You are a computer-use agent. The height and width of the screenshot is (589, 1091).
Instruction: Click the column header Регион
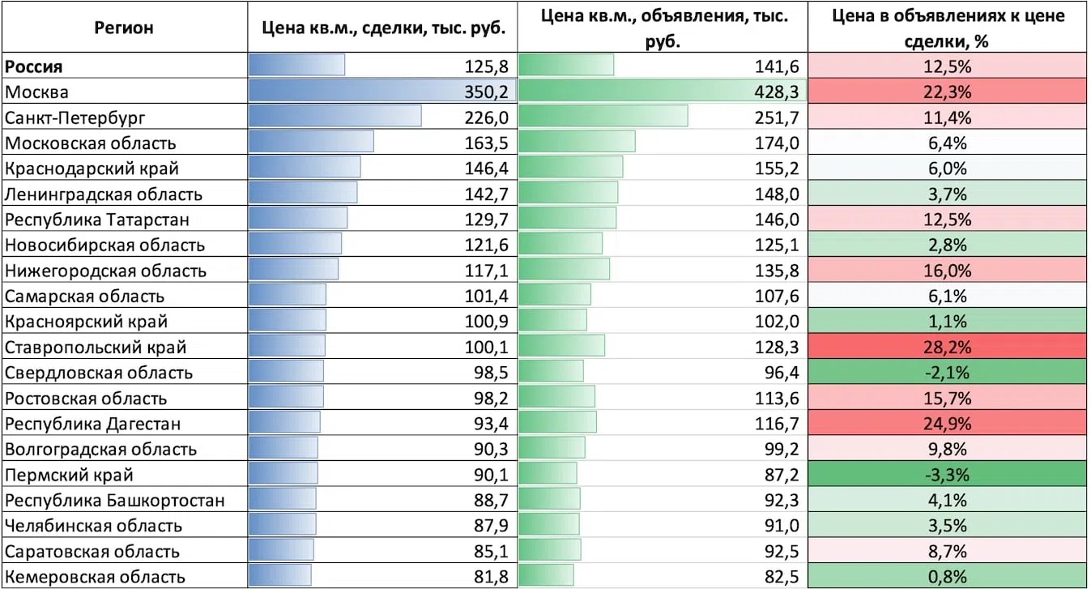124,28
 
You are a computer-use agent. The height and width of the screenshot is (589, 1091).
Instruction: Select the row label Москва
37,92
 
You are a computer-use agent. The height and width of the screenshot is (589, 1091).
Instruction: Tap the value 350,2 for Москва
486,92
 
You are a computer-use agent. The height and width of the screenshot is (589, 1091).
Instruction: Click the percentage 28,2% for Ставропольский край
948,348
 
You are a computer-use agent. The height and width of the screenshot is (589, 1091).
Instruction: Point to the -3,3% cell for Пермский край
948,475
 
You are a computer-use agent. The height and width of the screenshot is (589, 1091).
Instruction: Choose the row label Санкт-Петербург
75,118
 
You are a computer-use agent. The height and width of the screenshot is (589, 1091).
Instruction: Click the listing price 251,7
777,118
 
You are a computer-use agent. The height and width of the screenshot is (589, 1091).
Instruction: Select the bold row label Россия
33,66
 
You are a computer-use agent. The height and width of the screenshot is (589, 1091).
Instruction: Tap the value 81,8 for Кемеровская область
491,578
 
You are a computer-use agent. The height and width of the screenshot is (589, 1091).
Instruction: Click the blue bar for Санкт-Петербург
335,117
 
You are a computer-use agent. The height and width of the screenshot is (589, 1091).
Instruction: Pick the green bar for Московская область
577,142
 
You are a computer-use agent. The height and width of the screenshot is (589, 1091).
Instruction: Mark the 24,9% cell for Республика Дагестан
948,424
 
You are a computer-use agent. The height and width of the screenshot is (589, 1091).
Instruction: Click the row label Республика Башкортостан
115,501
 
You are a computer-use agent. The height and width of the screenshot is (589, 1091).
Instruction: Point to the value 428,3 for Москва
777,92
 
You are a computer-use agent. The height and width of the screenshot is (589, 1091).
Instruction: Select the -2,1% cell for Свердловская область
948,373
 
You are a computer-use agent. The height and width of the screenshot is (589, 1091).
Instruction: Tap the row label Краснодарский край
92,169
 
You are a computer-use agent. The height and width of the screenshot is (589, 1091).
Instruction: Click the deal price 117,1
486,271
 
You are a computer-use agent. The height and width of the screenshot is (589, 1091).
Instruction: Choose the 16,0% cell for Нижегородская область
948,271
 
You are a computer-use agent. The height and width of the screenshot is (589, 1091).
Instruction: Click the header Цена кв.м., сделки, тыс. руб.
384,28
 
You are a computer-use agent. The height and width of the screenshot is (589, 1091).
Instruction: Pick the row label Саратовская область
92,552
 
